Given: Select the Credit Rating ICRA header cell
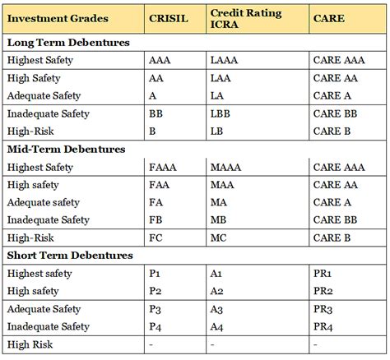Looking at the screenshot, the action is click(246, 17).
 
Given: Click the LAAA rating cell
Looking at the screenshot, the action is click(225, 60).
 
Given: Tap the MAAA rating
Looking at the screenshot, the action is click(226, 167).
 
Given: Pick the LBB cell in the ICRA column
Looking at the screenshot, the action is click(220, 113).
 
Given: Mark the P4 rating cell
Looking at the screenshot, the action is click(156, 327).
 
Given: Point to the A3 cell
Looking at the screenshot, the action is click(217, 310).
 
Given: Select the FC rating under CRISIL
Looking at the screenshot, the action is click(156, 238).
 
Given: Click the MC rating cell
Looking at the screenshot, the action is click(218, 238).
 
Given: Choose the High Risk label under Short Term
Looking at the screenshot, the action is click(30, 345).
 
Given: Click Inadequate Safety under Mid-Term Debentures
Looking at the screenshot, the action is click(48, 220).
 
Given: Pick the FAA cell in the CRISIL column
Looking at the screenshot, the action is click(160, 185).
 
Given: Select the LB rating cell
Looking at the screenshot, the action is click(216, 131).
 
